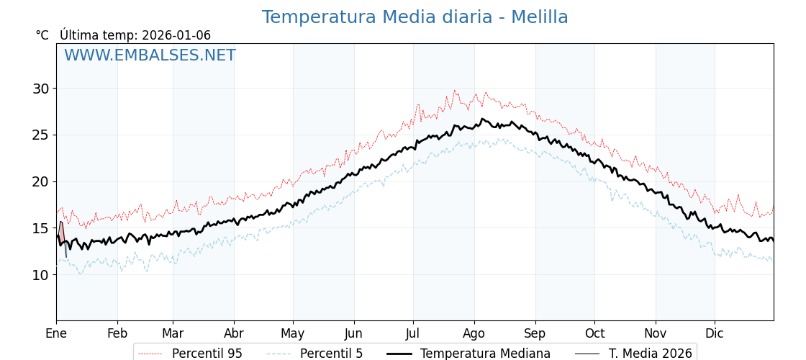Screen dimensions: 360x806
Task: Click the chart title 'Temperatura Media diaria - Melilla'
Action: (x=415, y=17)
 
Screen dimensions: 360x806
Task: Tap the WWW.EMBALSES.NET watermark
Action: (x=150, y=55)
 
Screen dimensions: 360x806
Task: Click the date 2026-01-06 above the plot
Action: (x=176, y=35)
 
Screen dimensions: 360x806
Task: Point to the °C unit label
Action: (x=42, y=35)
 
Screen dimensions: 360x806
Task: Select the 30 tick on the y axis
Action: (x=40, y=89)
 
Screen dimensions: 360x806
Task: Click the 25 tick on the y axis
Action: (x=40, y=135)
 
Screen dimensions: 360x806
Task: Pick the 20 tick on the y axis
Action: (x=40, y=181)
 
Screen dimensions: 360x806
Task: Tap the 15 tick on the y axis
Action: (x=40, y=228)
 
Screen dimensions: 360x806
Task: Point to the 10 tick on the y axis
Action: (x=40, y=274)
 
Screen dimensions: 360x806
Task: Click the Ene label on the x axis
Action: (x=56, y=333)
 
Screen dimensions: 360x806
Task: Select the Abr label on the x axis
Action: (x=234, y=333)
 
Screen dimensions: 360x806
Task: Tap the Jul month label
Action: (x=413, y=333)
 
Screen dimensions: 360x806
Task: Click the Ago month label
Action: (x=474, y=333)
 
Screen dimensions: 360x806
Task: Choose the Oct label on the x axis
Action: (x=594, y=333)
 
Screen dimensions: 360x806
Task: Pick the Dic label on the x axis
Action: (x=715, y=333)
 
